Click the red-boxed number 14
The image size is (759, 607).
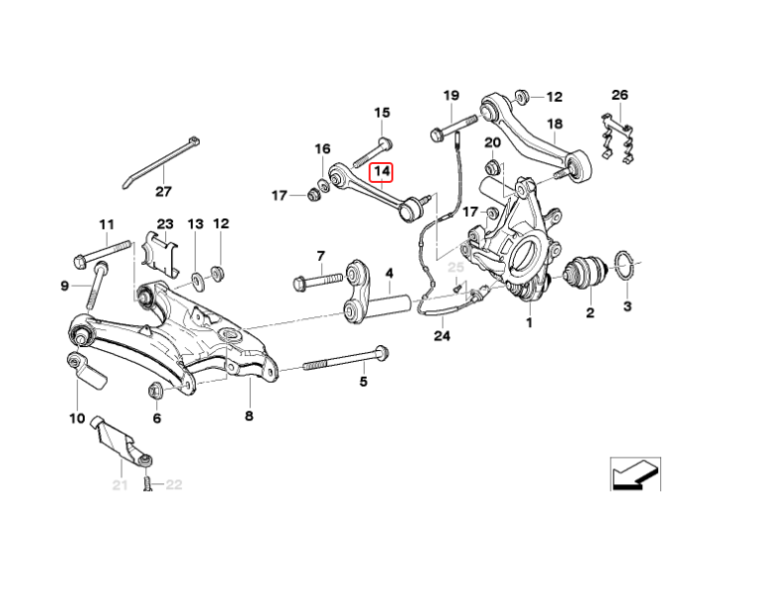(x=382, y=171)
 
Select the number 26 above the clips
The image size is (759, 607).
(x=620, y=95)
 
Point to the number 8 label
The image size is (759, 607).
(x=248, y=416)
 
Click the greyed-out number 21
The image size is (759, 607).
(x=120, y=484)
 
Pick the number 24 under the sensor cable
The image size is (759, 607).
(x=441, y=336)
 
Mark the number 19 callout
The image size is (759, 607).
(x=451, y=95)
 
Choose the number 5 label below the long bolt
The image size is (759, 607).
(x=363, y=381)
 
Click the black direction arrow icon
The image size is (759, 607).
(x=633, y=475)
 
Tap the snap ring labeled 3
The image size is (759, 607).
(x=626, y=267)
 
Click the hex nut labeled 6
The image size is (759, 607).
(x=155, y=391)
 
